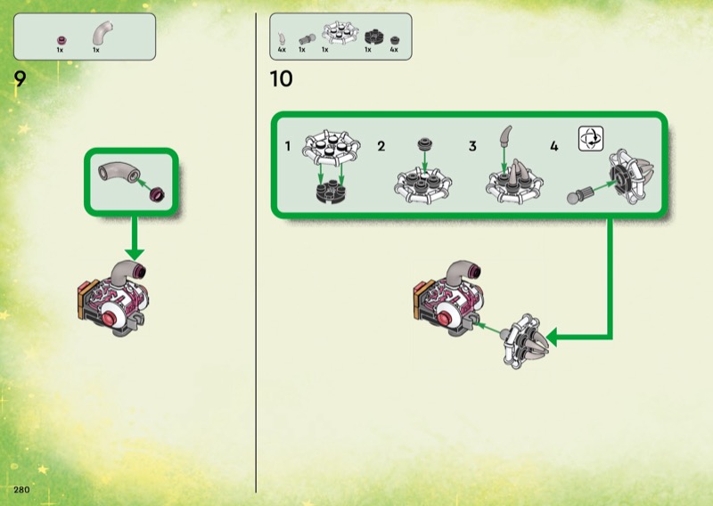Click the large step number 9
click(x=20, y=78)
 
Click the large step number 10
click(x=281, y=78)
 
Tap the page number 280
click(x=21, y=490)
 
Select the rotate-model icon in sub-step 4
click(x=591, y=139)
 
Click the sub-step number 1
click(x=287, y=146)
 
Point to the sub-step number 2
click(x=381, y=146)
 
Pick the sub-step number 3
click(x=472, y=146)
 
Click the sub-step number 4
click(x=553, y=146)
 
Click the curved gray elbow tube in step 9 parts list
click(x=102, y=33)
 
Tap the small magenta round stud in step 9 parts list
click(x=61, y=40)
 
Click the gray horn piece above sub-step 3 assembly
click(x=505, y=136)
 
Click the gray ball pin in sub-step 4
click(x=581, y=194)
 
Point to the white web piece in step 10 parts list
click(x=340, y=32)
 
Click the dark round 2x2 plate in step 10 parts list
click(x=373, y=37)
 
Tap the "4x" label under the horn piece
click(x=282, y=50)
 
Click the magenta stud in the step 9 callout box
click(x=158, y=193)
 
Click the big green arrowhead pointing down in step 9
click(x=135, y=254)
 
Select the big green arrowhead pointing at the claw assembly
click(x=552, y=338)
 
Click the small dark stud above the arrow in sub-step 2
click(x=425, y=144)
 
